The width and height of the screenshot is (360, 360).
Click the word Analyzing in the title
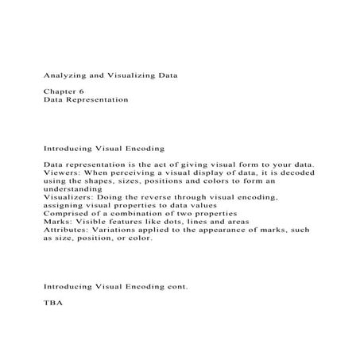click(64, 76)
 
